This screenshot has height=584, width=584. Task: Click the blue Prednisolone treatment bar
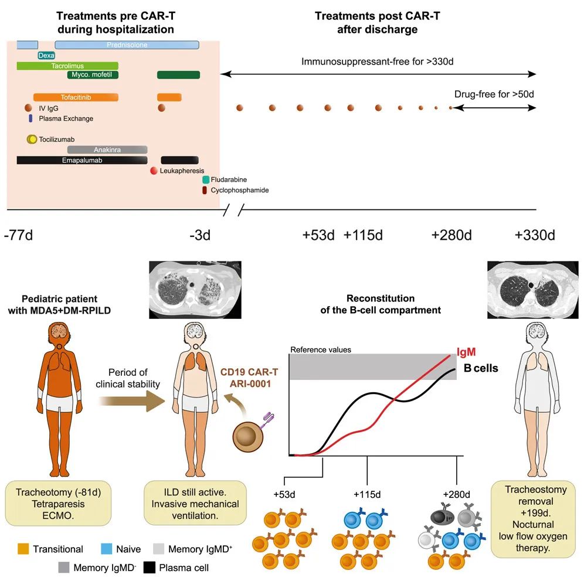click(x=127, y=45)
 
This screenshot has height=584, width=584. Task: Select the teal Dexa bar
click(x=46, y=55)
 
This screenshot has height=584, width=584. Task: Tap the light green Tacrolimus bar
click(x=67, y=66)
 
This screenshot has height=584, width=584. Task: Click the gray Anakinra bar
click(x=107, y=150)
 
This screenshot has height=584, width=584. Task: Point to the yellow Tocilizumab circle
click(x=32, y=139)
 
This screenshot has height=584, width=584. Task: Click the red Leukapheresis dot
click(x=154, y=171)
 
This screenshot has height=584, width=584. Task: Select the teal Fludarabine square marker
click(x=206, y=180)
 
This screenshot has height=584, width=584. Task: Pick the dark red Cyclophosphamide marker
click(x=205, y=190)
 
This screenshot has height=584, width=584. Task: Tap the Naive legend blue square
click(x=109, y=549)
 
